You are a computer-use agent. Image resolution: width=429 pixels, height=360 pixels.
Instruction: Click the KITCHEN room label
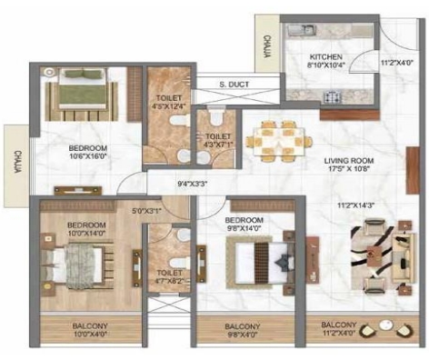(324, 56)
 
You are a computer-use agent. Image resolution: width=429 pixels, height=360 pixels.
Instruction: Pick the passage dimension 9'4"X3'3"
(193, 185)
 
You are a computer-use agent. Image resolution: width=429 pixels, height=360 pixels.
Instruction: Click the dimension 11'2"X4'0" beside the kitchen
(395, 63)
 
